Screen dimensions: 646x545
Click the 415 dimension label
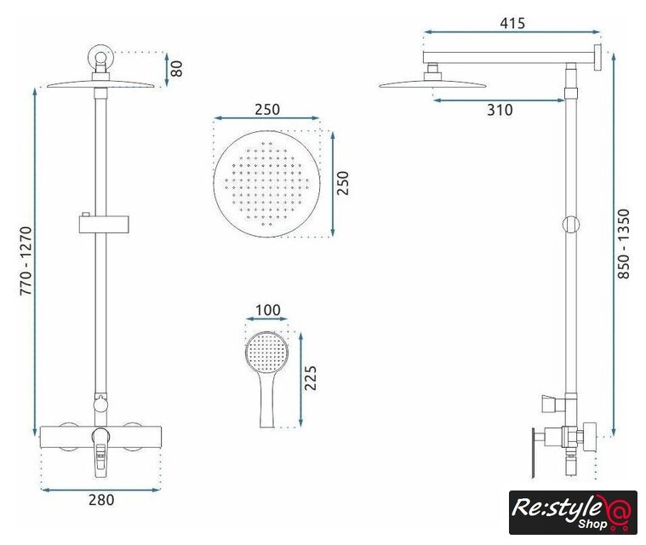[x=512, y=23]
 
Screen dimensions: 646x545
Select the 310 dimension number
[x=500, y=110]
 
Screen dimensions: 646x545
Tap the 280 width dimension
[x=101, y=500]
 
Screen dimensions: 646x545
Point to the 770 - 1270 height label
[x=26, y=261]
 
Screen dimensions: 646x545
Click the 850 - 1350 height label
[x=624, y=244]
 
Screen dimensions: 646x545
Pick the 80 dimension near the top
[x=177, y=69]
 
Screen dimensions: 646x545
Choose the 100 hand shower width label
[x=268, y=310]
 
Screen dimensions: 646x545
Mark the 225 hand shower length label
[x=310, y=377]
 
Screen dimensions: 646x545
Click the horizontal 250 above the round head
[x=267, y=110]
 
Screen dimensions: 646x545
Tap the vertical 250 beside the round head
[x=343, y=183]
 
